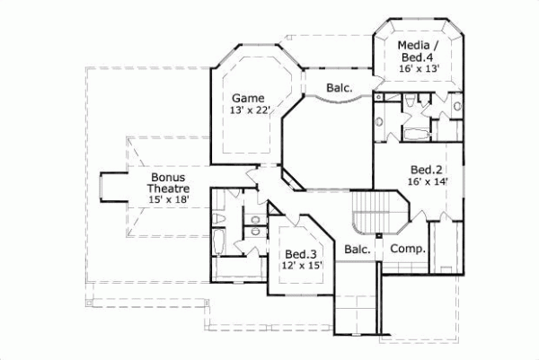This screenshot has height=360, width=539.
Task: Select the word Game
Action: pos(246,97)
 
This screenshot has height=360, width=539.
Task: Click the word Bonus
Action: pos(168,178)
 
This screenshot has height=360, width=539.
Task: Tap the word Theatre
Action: pos(168,189)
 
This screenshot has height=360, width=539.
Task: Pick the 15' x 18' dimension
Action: pos(168,202)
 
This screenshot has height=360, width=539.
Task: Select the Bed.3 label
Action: pos(300,253)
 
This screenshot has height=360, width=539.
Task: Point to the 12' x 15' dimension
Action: pos(300,266)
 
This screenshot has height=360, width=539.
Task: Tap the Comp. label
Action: pos(407,249)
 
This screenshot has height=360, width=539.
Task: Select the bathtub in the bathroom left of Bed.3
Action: pos(221,243)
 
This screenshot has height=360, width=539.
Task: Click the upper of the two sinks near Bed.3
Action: pos(255,217)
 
